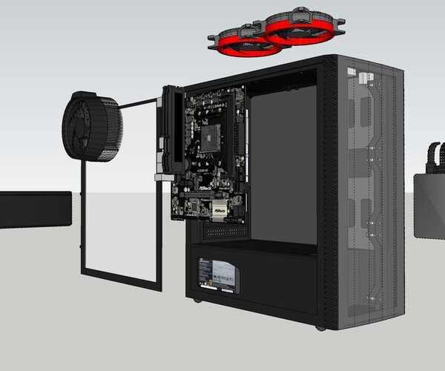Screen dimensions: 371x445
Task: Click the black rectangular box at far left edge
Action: pyautogui.click(x=34, y=209)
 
